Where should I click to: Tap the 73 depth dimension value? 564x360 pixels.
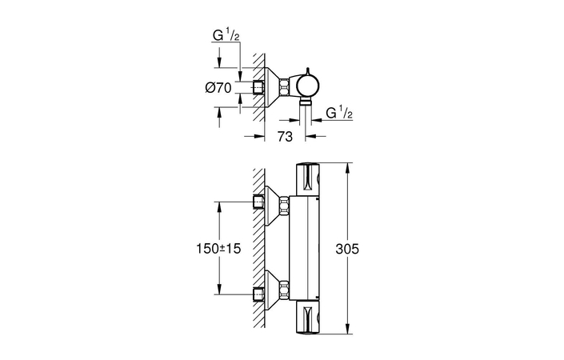point(284,137)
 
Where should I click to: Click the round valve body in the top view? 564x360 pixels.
point(307,83)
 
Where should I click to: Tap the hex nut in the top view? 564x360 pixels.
point(286,85)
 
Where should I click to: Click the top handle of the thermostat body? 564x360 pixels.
point(309,178)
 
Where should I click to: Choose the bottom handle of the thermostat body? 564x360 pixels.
point(309,318)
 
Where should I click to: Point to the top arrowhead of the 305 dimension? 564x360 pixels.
point(346,166)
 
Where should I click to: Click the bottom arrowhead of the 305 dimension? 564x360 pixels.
point(346,330)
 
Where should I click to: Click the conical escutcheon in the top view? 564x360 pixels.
point(272,85)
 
